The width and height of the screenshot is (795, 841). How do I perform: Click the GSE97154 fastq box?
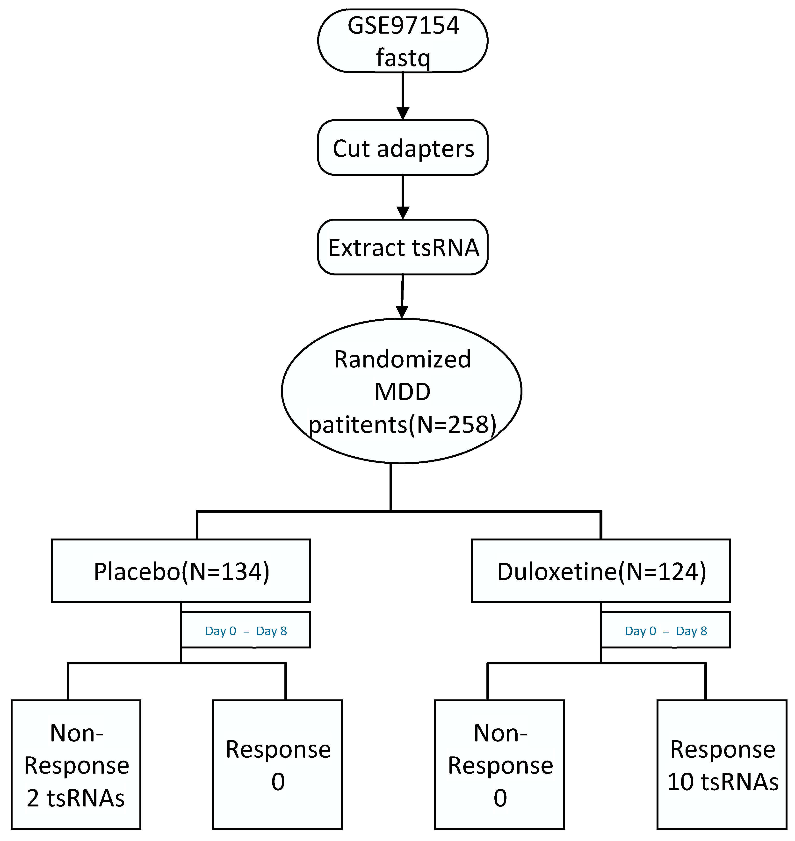click(403, 41)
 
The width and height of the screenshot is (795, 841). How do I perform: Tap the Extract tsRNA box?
click(403, 247)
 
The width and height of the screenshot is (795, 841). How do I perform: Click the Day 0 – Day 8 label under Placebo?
click(246, 631)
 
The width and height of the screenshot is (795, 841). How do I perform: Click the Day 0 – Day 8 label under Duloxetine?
click(666, 631)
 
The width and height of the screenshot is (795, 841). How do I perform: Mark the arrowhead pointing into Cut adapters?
click(403, 114)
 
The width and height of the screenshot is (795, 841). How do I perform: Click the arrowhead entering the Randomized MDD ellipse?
click(402, 312)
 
